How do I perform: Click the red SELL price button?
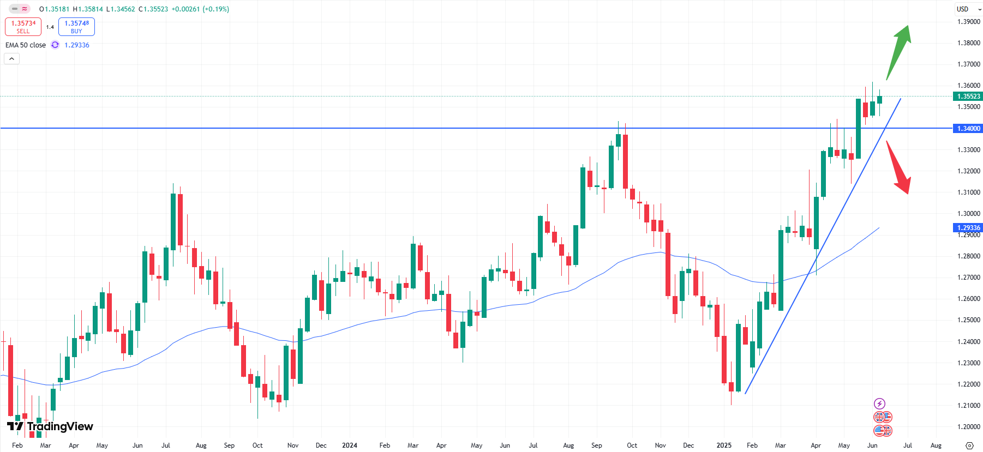23,27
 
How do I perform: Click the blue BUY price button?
76,27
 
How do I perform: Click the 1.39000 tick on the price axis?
968,22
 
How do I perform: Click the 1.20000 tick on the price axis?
968,427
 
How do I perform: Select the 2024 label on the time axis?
349,445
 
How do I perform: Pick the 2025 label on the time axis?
723,445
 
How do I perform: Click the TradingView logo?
50,426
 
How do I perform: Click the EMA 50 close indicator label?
26,45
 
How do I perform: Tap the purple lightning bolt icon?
879,403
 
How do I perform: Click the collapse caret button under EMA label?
11,59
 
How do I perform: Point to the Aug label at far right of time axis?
936,445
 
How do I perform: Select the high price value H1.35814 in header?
88,9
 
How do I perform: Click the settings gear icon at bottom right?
969,445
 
